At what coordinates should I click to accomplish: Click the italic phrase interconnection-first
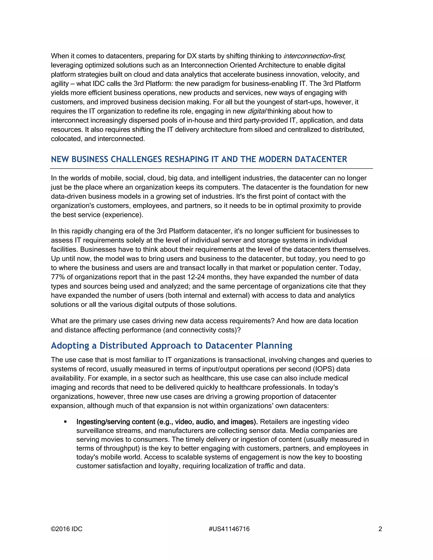pyautogui.click(x=314, y=56)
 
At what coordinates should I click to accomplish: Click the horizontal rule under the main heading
pyautogui.click(x=211, y=168)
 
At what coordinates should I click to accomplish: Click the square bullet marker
pyautogui.click(x=65, y=422)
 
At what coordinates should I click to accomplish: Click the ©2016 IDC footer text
pyautogui.click(x=67, y=529)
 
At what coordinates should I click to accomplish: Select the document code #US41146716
pyautogui.click(x=229, y=529)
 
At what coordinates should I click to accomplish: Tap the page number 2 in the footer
pyautogui.click(x=380, y=529)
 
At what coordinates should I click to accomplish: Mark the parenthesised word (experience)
pyautogui.click(x=123, y=215)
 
